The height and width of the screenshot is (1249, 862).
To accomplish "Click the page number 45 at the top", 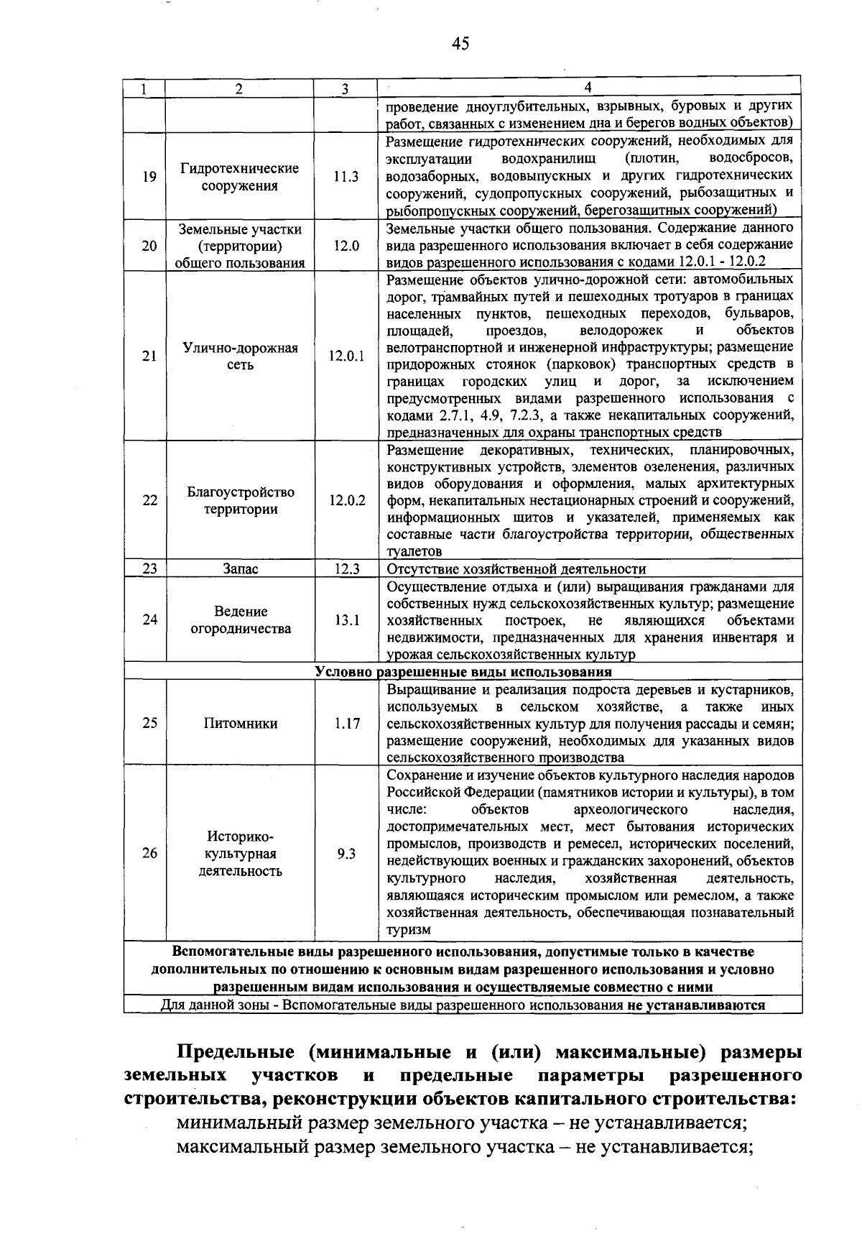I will click(460, 44).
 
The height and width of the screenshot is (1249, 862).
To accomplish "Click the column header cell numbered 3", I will click(345, 89).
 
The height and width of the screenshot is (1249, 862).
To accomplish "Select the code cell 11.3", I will click(346, 177).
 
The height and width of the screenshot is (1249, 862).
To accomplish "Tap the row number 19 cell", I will click(149, 177).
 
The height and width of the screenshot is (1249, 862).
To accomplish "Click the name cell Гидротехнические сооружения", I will click(240, 177).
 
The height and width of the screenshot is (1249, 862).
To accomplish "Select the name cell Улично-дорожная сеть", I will click(240, 356).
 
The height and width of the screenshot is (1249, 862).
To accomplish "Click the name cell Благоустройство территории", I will click(240, 501).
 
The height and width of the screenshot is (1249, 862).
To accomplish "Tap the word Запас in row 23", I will click(241, 569).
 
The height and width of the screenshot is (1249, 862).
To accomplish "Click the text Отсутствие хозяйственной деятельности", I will click(516, 569).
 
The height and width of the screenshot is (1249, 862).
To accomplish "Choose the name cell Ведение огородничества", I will click(240, 620).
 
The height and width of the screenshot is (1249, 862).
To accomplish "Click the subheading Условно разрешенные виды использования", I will click(463, 672).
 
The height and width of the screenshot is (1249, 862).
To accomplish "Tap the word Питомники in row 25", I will click(240, 724).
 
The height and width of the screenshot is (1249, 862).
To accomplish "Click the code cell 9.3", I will click(346, 854).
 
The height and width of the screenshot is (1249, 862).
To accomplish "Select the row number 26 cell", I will click(149, 854).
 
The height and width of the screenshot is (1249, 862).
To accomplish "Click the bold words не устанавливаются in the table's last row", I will click(695, 1005).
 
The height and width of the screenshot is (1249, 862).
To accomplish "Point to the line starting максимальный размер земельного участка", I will click(463, 1146).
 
